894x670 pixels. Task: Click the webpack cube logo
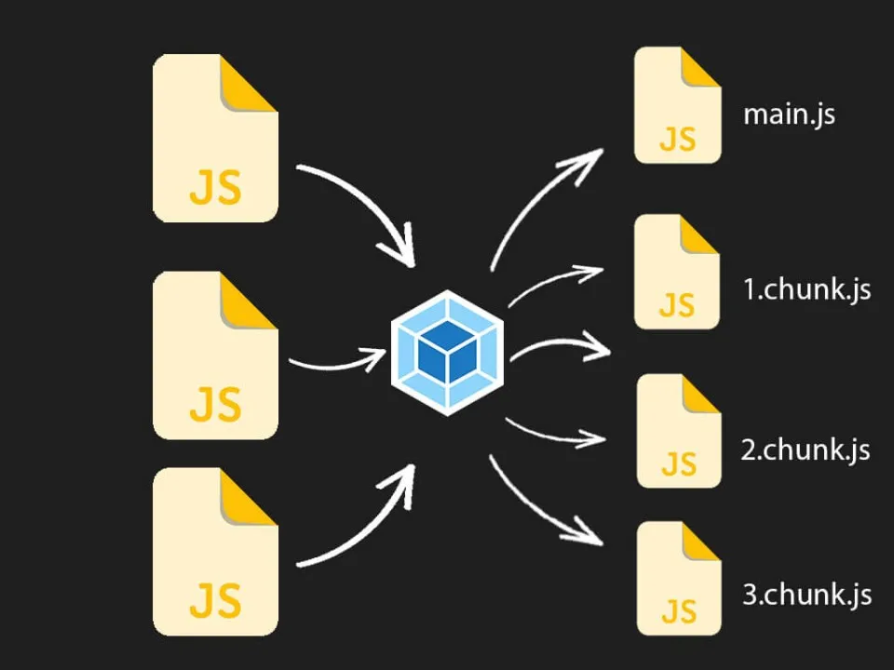447,353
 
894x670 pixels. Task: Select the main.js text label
788,115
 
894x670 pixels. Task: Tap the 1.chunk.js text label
806,289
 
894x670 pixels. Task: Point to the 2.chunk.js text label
806,450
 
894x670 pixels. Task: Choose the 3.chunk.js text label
806,595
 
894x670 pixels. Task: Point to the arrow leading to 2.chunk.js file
554,431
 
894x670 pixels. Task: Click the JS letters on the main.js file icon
677,139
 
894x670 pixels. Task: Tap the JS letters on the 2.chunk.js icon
677,462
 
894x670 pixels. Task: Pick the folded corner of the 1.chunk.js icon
700,234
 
